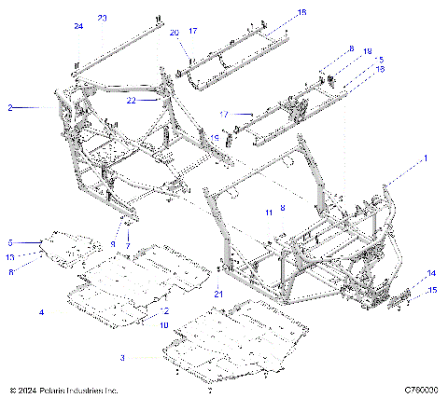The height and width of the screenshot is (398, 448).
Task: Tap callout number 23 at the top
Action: (x=102, y=19)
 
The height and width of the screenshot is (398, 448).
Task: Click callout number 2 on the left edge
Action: (x=9, y=108)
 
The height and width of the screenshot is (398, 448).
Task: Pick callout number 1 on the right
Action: (x=427, y=158)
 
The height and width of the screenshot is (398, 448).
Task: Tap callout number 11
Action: (x=268, y=213)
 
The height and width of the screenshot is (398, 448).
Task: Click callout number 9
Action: (x=113, y=243)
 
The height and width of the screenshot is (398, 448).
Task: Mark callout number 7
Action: (x=128, y=245)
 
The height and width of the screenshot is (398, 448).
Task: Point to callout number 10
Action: (x=163, y=325)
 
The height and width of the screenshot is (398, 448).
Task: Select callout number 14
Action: (x=431, y=273)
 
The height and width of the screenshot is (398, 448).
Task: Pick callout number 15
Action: (x=431, y=291)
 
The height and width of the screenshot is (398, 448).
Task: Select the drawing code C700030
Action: (x=421, y=390)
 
